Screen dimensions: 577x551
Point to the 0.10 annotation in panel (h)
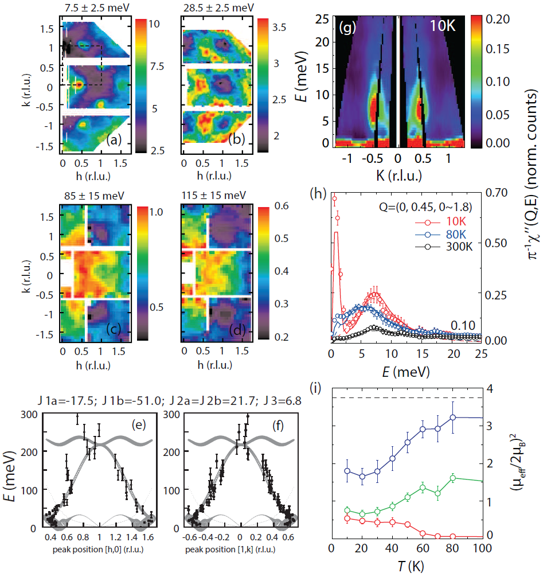click(x=462, y=325)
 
